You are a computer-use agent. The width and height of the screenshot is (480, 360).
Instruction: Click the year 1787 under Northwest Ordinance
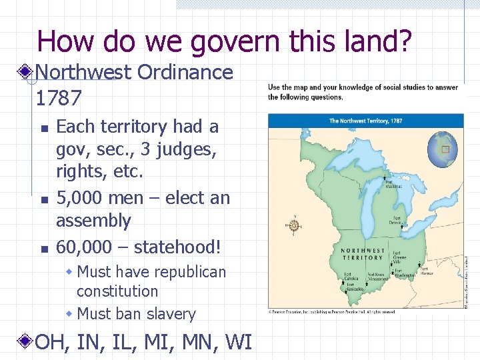(59, 99)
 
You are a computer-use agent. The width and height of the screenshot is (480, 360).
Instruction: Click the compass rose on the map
(293, 225)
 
